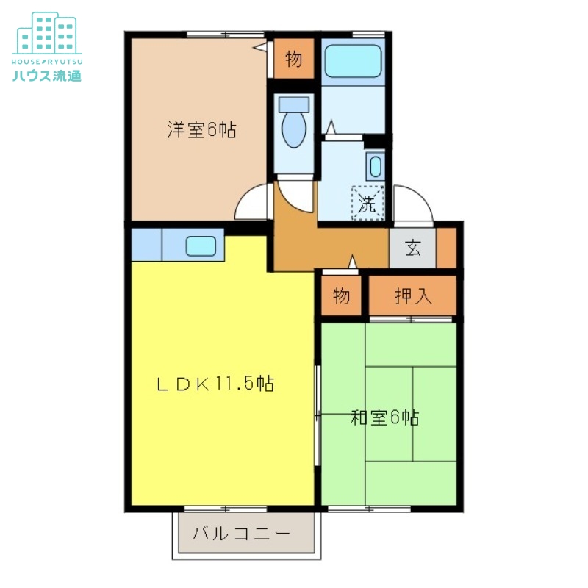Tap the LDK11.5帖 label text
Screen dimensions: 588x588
(x=215, y=383)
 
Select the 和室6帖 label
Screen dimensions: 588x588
(x=384, y=417)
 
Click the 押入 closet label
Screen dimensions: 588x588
(x=413, y=295)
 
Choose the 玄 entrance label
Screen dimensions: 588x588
(x=413, y=248)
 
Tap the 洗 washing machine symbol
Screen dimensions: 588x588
(x=367, y=202)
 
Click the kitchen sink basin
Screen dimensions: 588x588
(x=200, y=245)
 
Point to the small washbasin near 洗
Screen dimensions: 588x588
(x=376, y=165)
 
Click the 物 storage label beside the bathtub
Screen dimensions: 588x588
(x=293, y=60)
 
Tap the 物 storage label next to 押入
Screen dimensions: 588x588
(x=340, y=295)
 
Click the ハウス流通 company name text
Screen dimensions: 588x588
(x=47, y=73)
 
